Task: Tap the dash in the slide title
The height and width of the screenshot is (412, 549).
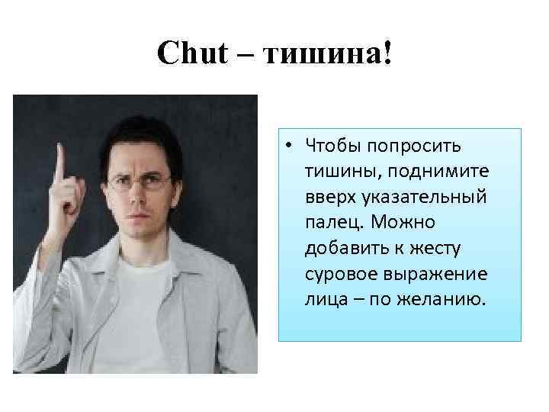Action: [247, 53]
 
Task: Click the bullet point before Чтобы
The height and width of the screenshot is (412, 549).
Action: [292, 145]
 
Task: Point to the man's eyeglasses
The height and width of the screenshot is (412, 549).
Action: [139, 182]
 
